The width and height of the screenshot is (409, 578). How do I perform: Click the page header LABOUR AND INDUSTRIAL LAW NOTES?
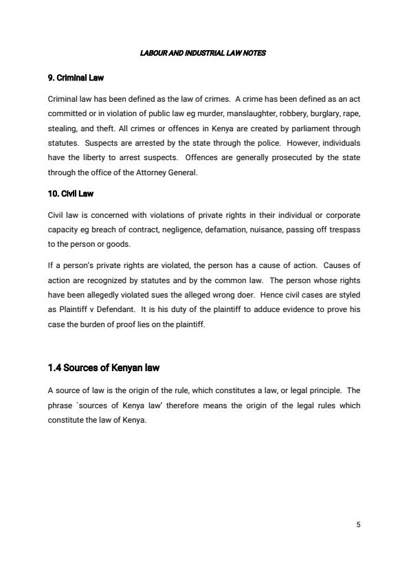coord(204,54)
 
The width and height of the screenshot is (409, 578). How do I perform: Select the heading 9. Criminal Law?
coord(76,77)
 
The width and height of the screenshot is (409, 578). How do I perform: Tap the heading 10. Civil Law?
coord(71,194)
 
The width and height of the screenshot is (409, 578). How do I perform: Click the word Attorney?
coord(145,173)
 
